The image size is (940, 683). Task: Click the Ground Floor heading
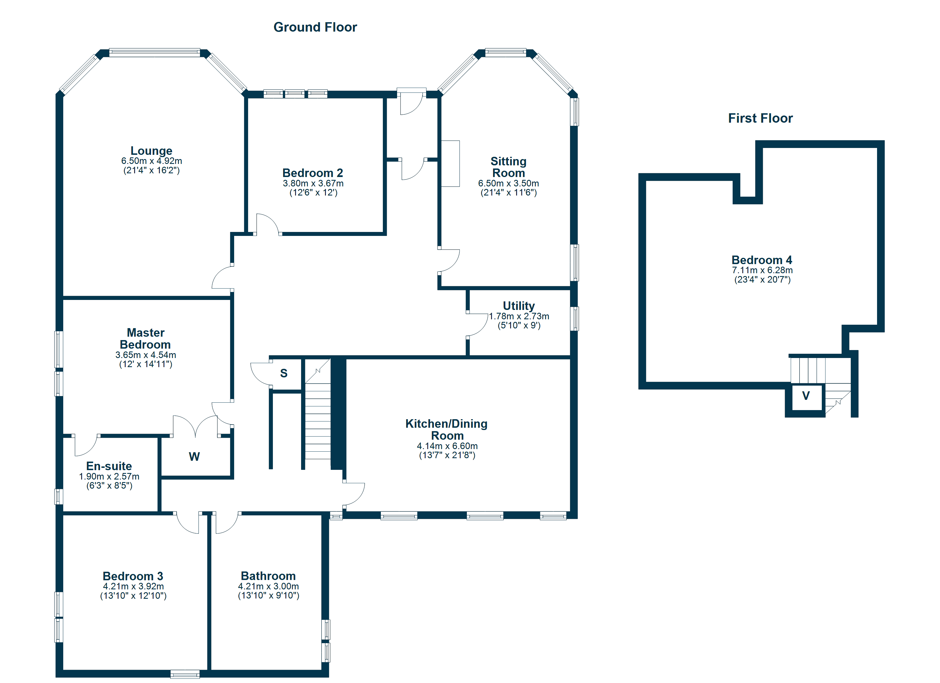[x=315, y=27]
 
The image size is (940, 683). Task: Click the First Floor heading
[x=760, y=118]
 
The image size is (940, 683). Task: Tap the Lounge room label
[x=151, y=151]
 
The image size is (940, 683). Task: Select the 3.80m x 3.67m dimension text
[x=313, y=183]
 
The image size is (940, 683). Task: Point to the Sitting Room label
[x=508, y=167]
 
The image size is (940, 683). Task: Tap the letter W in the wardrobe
[x=194, y=456]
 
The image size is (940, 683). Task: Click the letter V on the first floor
[x=806, y=396]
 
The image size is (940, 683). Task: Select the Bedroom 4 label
[x=761, y=260]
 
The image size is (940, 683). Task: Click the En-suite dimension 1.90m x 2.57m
[x=109, y=476]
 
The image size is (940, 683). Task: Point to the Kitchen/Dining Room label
[x=446, y=429]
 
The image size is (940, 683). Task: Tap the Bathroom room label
[x=268, y=576]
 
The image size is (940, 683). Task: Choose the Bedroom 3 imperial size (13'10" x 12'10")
[x=133, y=596]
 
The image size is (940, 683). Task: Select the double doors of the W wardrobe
[x=195, y=427]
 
